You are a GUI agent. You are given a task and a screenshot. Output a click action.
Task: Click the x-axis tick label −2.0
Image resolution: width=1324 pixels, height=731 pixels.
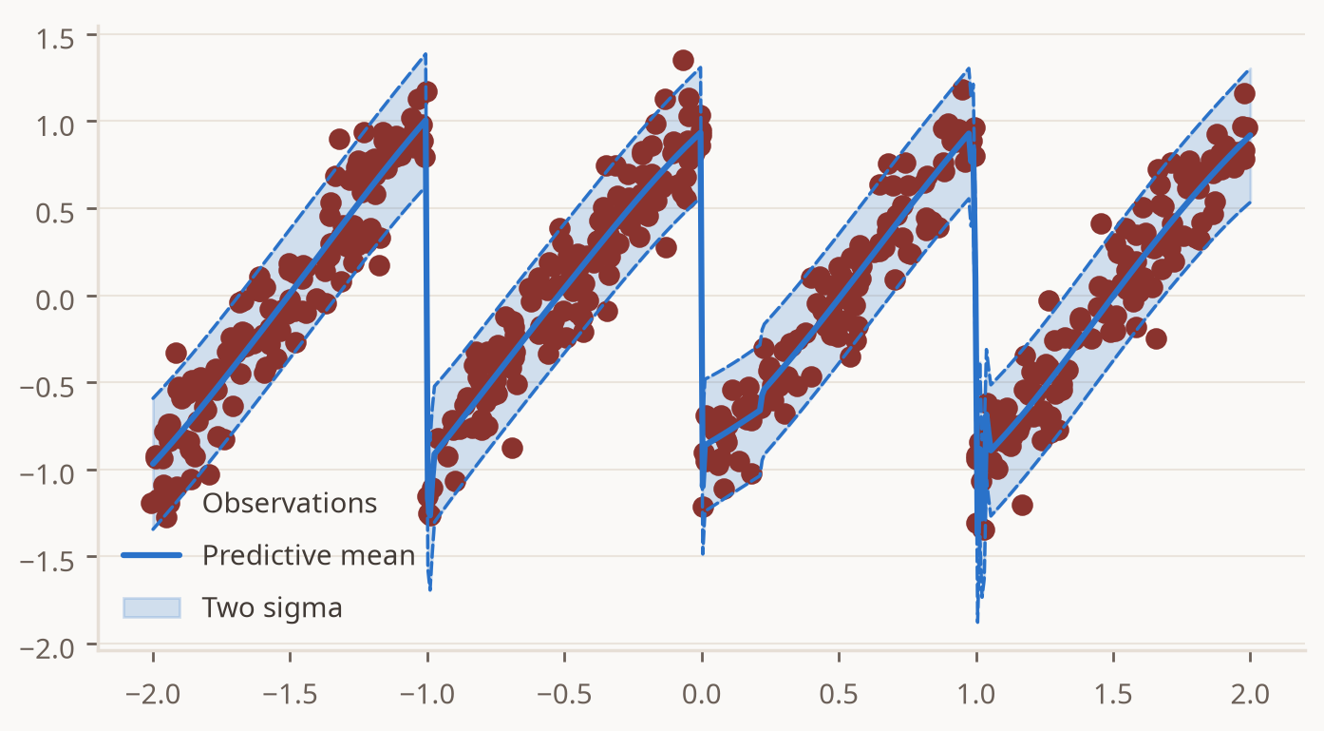point(153,694)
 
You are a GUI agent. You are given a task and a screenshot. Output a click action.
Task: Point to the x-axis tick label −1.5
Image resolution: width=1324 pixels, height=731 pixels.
point(291,694)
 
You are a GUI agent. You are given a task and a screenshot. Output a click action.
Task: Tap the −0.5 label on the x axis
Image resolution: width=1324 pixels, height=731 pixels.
point(564,694)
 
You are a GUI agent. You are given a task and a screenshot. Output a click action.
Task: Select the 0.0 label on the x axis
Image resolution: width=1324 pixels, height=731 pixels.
point(702,694)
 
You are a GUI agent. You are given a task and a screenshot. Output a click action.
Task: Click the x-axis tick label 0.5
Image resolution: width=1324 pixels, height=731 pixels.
point(839,694)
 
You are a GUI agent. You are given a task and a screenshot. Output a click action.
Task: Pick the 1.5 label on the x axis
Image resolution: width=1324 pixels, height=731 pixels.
point(1113,694)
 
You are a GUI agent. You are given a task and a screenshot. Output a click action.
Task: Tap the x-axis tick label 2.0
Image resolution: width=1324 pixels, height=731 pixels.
point(1250,694)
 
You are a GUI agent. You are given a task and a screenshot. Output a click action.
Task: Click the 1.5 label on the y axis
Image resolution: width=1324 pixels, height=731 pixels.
point(55,40)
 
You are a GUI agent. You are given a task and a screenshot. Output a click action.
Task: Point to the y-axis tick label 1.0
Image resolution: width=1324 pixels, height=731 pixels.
point(55,126)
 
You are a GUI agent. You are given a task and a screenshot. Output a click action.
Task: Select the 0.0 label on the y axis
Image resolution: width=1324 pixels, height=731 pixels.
point(55,299)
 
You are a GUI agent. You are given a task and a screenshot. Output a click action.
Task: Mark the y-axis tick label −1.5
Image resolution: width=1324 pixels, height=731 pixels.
point(47,561)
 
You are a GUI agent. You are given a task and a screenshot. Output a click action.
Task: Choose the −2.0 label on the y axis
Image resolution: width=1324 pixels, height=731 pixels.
point(47,648)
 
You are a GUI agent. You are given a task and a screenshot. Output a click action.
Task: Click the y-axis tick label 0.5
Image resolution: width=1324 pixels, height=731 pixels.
point(55,213)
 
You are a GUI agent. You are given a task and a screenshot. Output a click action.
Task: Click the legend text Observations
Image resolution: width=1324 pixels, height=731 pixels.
point(290,503)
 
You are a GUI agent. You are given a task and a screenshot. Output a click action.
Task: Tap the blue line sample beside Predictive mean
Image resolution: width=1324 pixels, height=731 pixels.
point(151,555)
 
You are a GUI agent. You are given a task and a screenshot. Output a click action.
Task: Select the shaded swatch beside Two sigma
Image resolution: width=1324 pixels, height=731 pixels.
point(151,607)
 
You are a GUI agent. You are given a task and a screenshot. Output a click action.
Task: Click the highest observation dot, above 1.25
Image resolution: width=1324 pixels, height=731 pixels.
point(683,60)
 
